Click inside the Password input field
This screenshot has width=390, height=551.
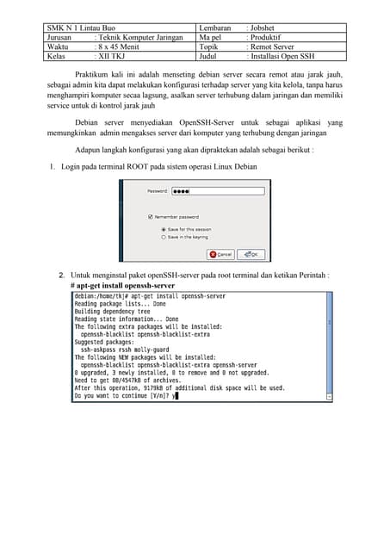[x=206, y=191]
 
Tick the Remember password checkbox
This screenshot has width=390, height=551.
[x=152, y=217]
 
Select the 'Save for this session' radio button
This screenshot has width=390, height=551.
[x=164, y=229]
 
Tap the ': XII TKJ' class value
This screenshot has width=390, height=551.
[x=111, y=57]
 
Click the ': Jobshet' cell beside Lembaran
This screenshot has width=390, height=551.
[x=263, y=28]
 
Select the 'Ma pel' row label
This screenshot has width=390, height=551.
[x=210, y=38]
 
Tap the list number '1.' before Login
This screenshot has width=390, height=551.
[x=53, y=164]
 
